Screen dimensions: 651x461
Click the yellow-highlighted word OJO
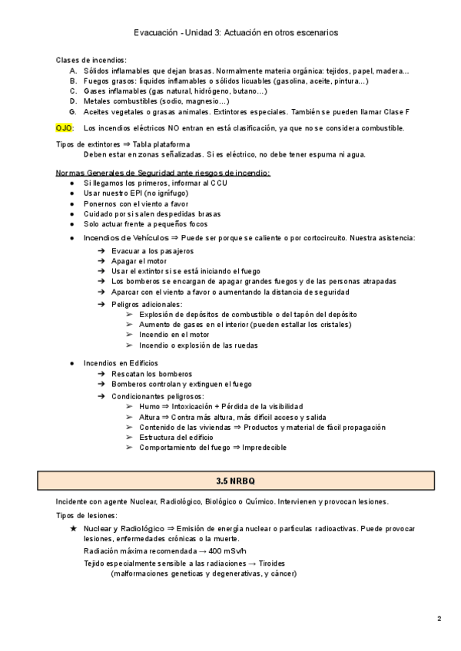coord(64,128)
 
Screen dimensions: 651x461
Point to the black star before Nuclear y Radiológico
coord(73,529)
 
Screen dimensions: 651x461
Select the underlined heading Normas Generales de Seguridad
coord(163,173)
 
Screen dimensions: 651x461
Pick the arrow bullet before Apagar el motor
coord(102,261)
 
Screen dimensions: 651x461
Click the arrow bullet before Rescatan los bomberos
coord(102,373)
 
